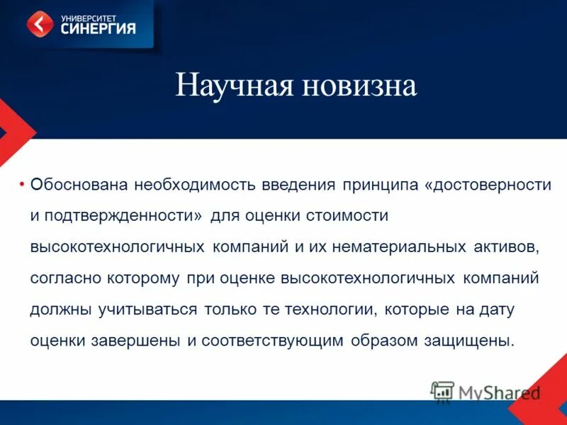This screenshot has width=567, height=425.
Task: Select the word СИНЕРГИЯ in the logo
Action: (x=98, y=29)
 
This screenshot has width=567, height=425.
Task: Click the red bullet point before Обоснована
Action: (x=23, y=184)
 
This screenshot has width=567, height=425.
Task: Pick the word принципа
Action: (x=381, y=185)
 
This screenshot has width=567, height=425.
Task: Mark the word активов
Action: (x=507, y=246)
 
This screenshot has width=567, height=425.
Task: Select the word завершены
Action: (x=135, y=340)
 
